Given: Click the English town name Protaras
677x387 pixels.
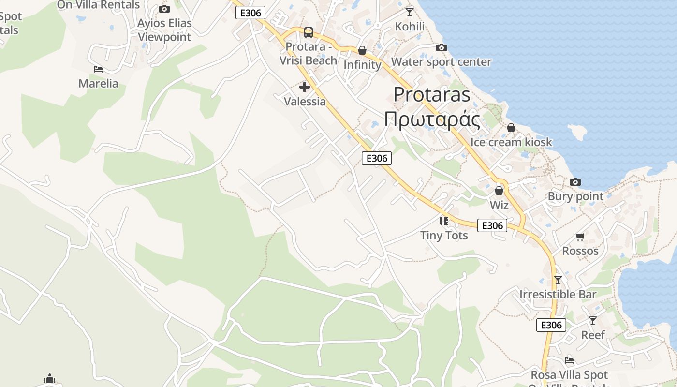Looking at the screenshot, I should [x=431, y=94].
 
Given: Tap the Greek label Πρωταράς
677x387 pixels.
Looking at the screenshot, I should [x=431, y=120].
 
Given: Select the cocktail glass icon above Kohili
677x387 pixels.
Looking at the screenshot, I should [x=410, y=12].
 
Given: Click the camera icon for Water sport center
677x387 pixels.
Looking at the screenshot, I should [x=441, y=47].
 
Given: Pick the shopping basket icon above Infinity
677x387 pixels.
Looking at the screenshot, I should [x=362, y=50].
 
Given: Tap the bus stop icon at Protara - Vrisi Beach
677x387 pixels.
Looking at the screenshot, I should [x=308, y=32].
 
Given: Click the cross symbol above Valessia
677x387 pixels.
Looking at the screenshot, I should [x=304, y=87].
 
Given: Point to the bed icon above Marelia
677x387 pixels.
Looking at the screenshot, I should [x=98, y=69].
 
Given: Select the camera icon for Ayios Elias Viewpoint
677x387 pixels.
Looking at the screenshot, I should [x=164, y=9].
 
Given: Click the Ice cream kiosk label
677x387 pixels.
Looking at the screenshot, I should [x=511, y=142].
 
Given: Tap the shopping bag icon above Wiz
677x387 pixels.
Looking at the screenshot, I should [x=499, y=191].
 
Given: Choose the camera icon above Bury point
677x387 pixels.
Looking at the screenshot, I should [x=575, y=182].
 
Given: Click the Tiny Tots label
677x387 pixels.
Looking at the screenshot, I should [x=444, y=236].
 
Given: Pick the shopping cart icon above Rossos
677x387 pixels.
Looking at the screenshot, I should [x=580, y=237].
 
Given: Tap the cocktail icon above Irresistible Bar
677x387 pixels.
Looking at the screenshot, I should [x=558, y=280].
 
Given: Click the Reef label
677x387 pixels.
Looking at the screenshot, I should [x=593, y=335].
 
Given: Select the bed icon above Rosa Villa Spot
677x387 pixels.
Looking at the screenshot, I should [x=569, y=360].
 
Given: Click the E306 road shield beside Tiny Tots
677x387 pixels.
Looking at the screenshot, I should [x=492, y=225].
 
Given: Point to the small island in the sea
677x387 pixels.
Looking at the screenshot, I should [x=577, y=132].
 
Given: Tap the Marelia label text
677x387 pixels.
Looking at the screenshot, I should [x=98, y=84].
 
